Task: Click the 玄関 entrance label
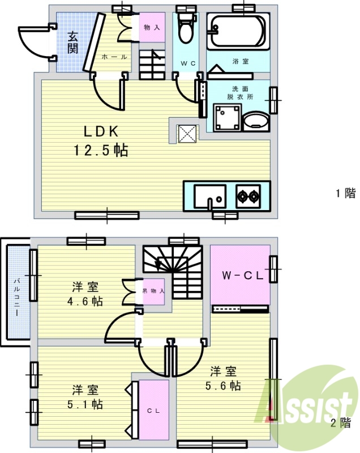pyautogui.click(x=73, y=43)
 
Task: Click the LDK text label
pyautogui.click(x=101, y=131)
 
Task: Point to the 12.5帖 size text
pyautogui.click(x=101, y=150)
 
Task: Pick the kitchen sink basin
pyautogui.click(x=210, y=196)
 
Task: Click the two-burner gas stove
pyautogui.click(x=248, y=196)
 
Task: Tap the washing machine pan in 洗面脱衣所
pyautogui.click(x=227, y=118)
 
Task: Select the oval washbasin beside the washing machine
pyautogui.click(x=256, y=122)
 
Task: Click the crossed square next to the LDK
pyautogui.click(x=188, y=134)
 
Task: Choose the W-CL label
pyautogui.click(x=242, y=275)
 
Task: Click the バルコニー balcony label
pyautogui.click(x=17, y=296)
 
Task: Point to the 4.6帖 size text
pyautogui.click(x=85, y=301)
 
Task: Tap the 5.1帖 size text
pyautogui.click(x=85, y=404)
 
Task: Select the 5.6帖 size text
pyautogui.click(x=223, y=386)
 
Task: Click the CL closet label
pyautogui.click(x=153, y=411)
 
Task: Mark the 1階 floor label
pyautogui.click(x=345, y=193)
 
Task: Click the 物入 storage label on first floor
pyautogui.click(x=152, y=28)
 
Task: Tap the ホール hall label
pyautogui.click(x=114, y=57)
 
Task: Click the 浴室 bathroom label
pyautogui.click(x=240, y=61)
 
